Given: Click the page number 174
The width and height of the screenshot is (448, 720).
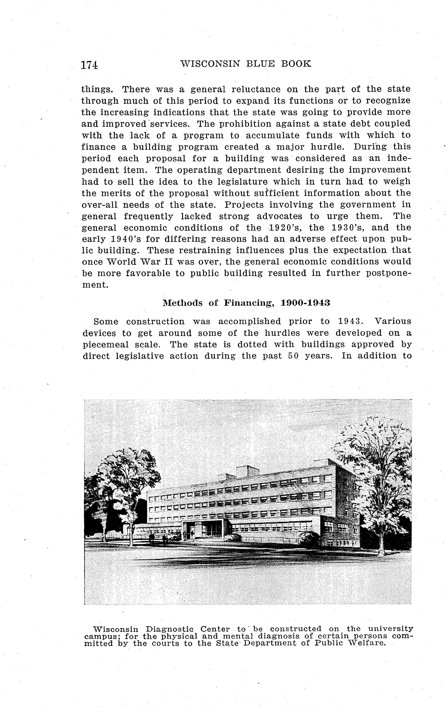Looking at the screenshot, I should coord(90,65).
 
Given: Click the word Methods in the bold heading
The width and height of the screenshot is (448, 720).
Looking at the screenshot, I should coord(183,303).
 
